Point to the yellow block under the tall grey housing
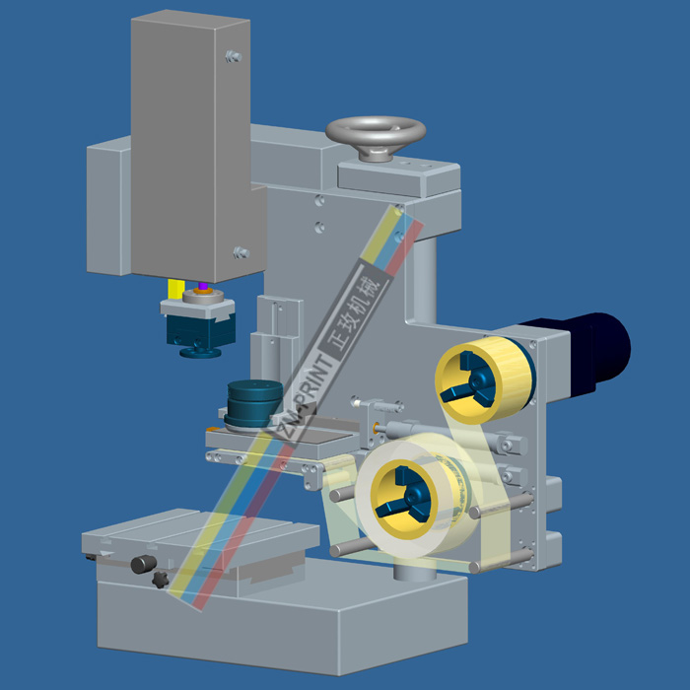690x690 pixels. click(176, 290)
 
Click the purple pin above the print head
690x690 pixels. click(202, 286)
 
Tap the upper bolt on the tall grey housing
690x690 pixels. click(234, 56)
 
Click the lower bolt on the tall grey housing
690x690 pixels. click(241, 252)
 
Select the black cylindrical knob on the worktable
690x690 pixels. click(144, 564)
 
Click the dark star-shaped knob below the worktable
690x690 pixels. click(161, 580)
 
